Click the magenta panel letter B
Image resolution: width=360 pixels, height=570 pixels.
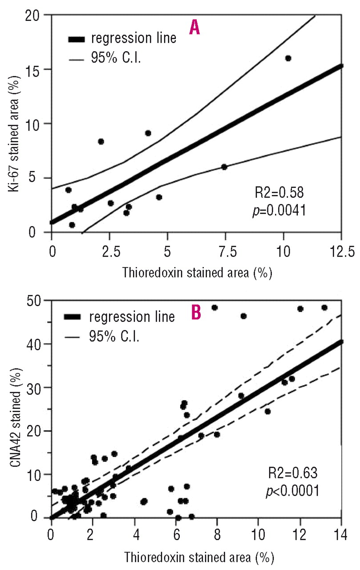[196, 312]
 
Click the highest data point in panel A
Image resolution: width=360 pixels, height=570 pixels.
[288, 58]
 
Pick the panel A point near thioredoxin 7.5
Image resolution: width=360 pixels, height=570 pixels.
[224, 167]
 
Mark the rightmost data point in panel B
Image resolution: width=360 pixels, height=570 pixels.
[324, 308]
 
